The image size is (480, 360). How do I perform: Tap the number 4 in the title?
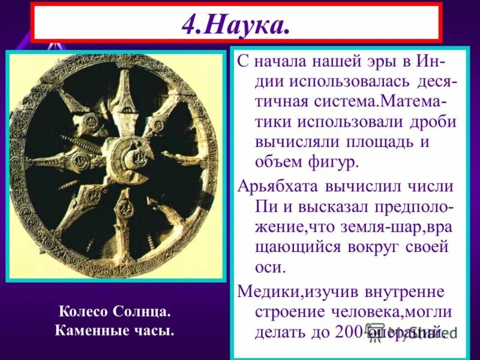pos(191,25)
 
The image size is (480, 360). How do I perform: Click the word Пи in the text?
pos(265,206)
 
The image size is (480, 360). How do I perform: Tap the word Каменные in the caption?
pos(88,331)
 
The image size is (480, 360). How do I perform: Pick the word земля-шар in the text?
pos(377,226)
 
